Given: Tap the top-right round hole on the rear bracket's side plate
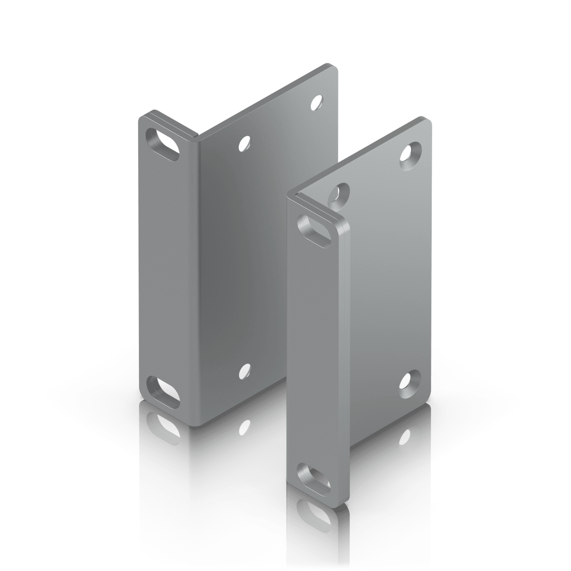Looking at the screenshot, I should pyautogui.click(x=317, y=102).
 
